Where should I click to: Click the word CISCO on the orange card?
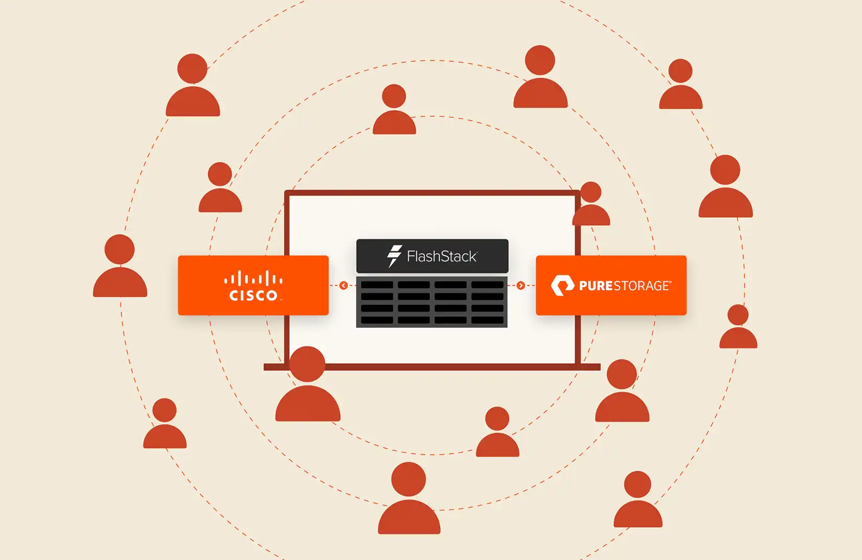(253, 295)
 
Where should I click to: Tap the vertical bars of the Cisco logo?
(253, 278)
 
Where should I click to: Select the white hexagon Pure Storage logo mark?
(563, 285)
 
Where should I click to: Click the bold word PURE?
(596, 286)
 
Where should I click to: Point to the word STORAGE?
(641, 286)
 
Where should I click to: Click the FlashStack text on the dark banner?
(442, 256)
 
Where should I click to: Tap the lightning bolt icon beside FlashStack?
(394, 256)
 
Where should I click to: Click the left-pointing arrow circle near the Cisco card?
(344, 285)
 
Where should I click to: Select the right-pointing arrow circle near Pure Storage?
(521, 285)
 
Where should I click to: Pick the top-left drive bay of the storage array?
(377, 285)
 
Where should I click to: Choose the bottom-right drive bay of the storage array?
(487, 320)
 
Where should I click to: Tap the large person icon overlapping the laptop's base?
(308, 384)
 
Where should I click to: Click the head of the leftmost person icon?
(120, 249)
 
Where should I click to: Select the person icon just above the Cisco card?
(220, 187)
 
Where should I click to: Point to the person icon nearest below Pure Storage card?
(622, 390)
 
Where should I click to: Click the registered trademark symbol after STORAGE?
(670, 282)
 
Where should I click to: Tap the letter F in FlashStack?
(411, 256)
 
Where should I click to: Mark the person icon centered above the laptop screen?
(394, 110)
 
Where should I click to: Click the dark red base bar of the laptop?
(432, 367)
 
